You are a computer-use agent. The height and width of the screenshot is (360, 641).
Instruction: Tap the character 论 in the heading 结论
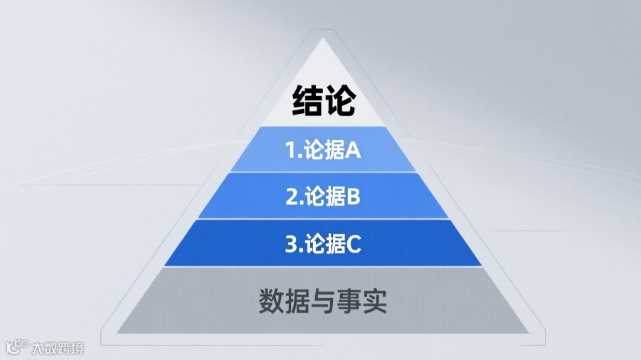339,101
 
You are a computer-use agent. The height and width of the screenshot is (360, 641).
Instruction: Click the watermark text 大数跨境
58,349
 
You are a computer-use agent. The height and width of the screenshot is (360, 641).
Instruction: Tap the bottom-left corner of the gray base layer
118,332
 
